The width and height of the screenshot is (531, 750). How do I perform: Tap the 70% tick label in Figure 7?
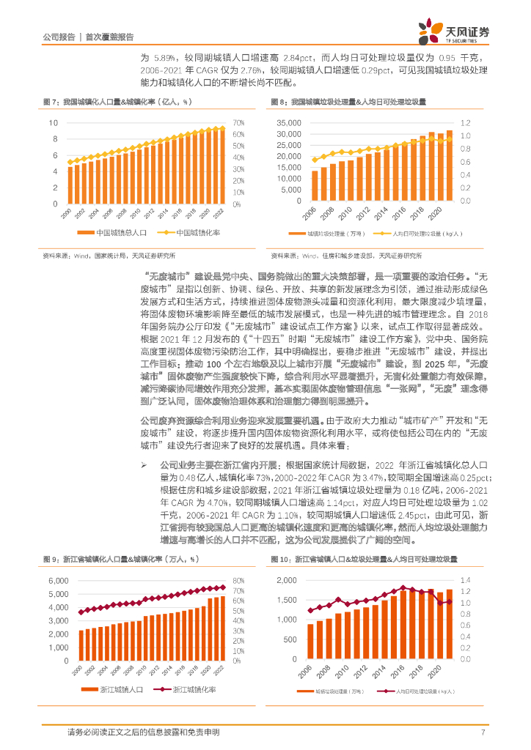(238, 122)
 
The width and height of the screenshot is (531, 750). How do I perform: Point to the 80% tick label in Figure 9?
(238, 560)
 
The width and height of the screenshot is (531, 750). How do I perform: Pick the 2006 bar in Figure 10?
(310, 645)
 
